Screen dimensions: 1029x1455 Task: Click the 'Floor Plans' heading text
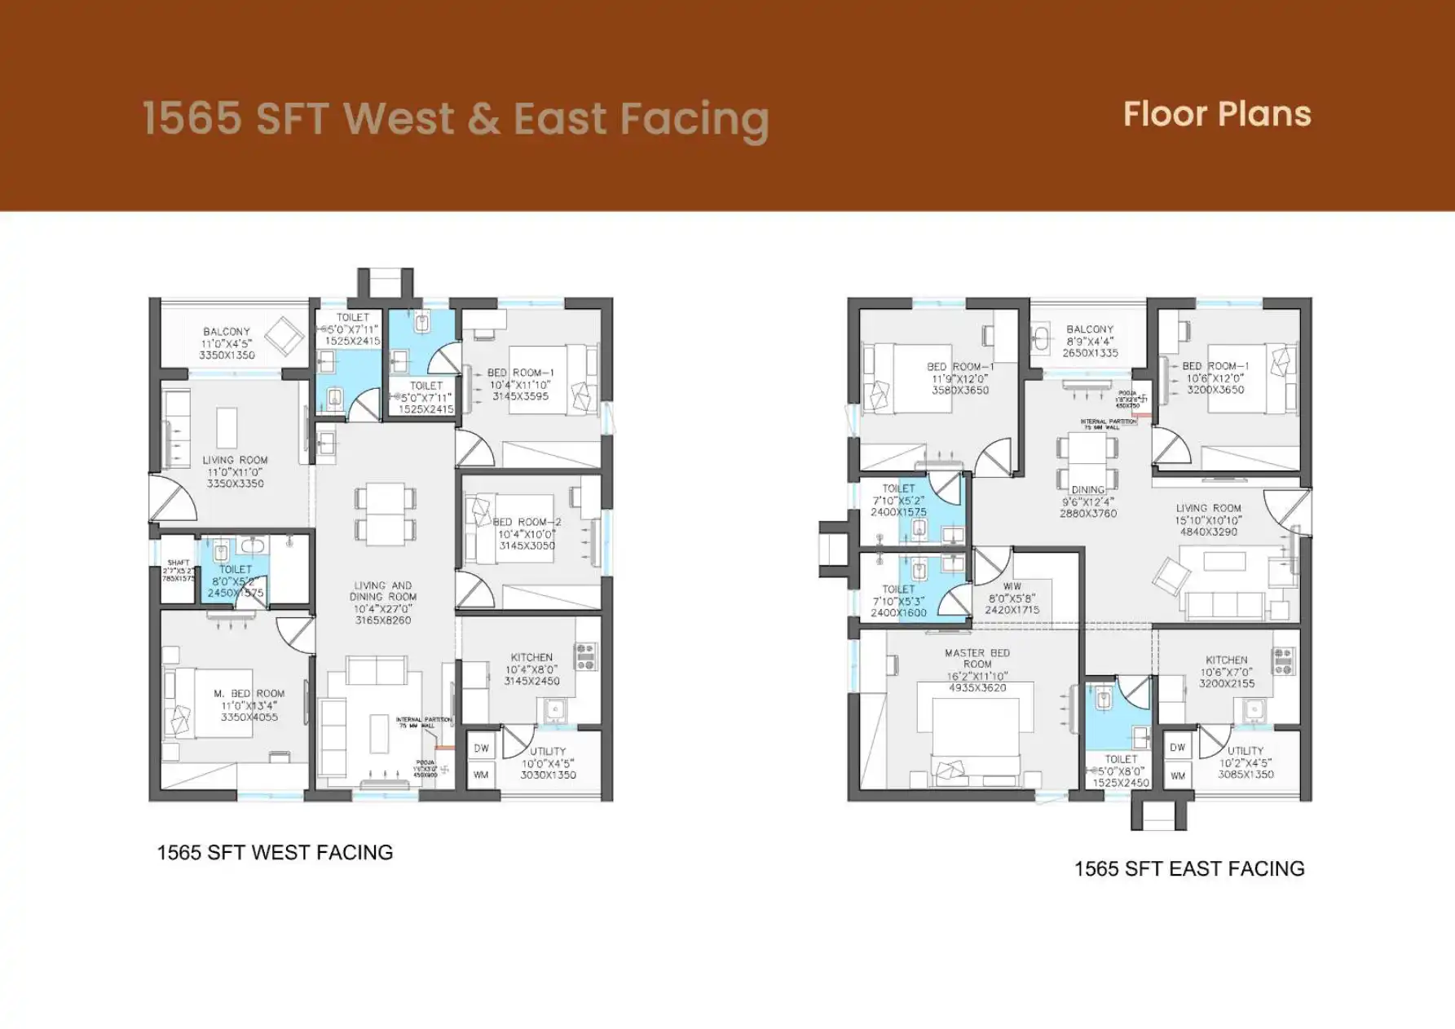point(1216,114)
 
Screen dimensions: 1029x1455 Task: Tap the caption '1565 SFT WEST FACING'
point(275,852)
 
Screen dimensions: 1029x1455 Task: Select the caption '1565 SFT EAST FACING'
point(1188,868)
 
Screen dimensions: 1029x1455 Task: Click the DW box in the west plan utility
point(481,748)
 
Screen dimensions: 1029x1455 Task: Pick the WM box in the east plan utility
point(1177,775)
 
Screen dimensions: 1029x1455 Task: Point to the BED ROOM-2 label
point(527,522)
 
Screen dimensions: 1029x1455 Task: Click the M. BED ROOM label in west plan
point(249,693)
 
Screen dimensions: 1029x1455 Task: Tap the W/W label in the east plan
point(1012,586)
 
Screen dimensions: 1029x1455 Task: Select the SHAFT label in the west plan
point(178,563)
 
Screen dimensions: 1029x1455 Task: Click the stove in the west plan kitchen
point(585,656)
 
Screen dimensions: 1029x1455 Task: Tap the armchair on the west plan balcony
point(284,335)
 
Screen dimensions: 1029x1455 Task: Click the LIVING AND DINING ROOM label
point(382,591)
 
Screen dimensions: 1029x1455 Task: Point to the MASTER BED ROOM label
point(977,658)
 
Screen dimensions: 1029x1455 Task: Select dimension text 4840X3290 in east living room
point(1208,532)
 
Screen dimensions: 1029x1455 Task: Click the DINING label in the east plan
point(1087,490)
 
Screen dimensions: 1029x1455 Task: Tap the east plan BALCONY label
point(1089,329)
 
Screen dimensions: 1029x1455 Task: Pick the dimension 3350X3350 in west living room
point(235,484)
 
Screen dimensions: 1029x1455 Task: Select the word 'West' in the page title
point(399,118)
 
